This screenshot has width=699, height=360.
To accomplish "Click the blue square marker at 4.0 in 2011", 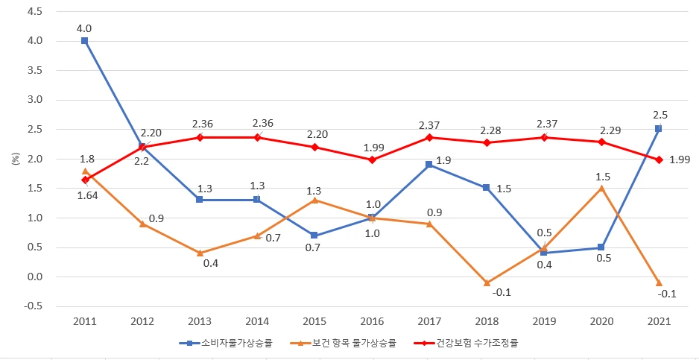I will tap(85, 41).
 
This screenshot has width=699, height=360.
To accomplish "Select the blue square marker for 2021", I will tap(658, 129).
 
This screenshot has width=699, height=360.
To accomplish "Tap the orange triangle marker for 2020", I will tap(601, 188).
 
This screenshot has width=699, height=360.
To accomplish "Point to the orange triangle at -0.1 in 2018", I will tap(486, 282).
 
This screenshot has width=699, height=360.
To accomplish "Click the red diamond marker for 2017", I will tap(429, 137).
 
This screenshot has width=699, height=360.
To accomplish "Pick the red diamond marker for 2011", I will tap(85, 180).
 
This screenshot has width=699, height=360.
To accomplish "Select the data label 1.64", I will tap(87, 196).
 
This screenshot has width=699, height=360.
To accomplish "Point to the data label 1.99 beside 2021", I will tap(680, 160).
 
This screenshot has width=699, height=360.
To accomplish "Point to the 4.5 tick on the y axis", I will tap(34, 11).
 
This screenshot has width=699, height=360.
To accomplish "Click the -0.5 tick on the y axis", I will tap(33, 306).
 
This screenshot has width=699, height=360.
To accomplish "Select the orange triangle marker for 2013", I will tap(200, 253).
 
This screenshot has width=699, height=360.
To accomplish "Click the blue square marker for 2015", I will tap(314, 236).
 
